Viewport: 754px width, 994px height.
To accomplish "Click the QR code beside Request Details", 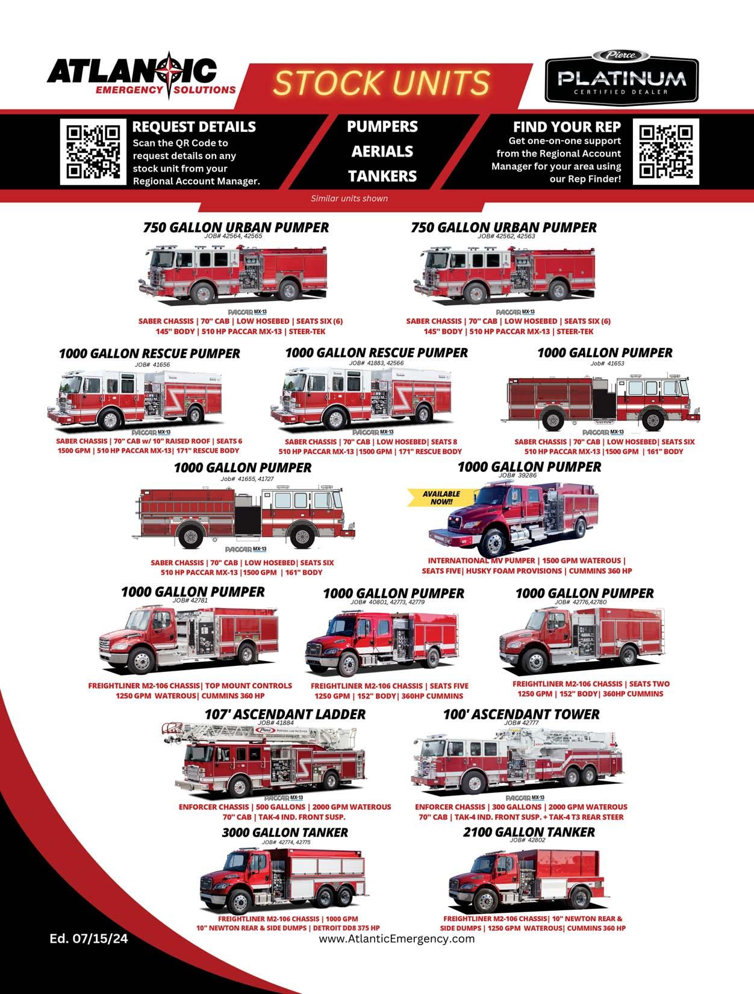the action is click(x=92, y=152).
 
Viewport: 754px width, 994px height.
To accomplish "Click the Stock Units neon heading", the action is click(x=382, y=83).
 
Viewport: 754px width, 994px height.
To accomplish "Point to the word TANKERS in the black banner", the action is click(x=382, y=176).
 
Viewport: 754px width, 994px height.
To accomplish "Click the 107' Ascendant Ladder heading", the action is click(x=285, y=714).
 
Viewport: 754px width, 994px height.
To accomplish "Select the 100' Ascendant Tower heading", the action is click(x=521, y=714).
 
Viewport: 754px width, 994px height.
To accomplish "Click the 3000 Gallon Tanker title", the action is click(x=285, y=832).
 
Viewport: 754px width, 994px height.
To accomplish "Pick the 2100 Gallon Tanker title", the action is click(x=529, y=832).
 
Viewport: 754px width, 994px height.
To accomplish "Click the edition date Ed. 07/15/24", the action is click(x=89, y=939).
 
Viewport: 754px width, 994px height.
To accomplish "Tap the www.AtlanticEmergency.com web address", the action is click(x=396, y=939).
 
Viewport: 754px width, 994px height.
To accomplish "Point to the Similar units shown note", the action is click(x=349, y=198).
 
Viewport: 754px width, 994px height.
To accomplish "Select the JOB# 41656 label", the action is click(x=152, y=364).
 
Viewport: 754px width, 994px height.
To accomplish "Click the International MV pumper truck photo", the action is click(x=512, y=521).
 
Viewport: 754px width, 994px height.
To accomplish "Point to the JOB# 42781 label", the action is click(x=190, y=600).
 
